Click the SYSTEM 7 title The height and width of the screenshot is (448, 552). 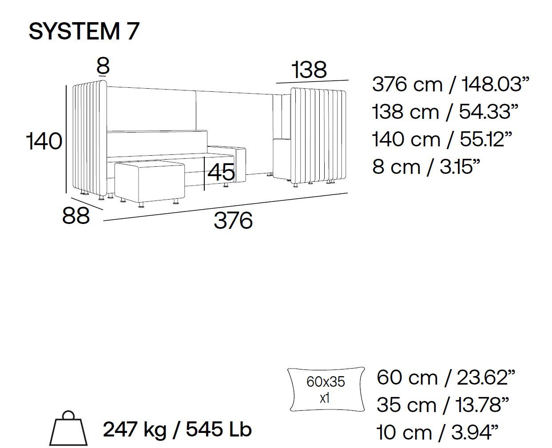click(84, 31)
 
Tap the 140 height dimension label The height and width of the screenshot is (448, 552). click(44, 141)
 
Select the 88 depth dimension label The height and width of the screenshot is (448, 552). click(76, 215)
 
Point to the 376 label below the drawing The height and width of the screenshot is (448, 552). click(233, 220)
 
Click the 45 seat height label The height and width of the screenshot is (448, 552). click(221, 172)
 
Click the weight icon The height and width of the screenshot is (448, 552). click(68, 428)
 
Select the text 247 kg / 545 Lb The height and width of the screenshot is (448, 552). click(177, 429)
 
